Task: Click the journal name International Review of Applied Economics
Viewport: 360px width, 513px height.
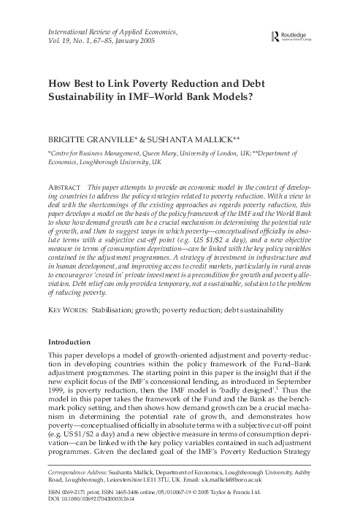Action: (116, 33)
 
